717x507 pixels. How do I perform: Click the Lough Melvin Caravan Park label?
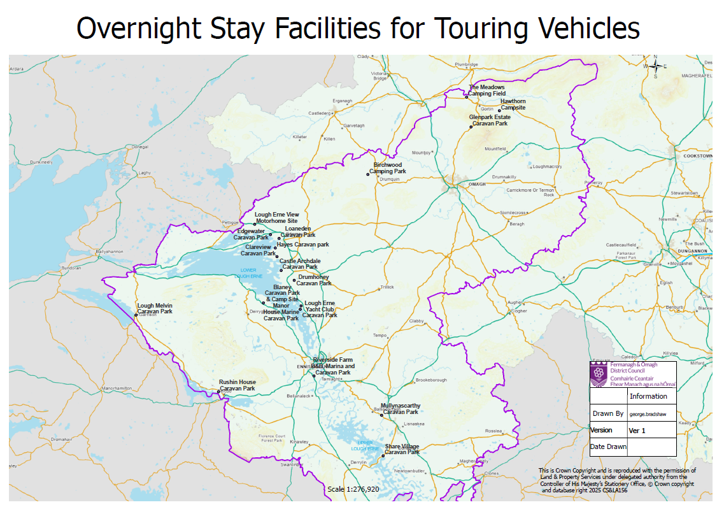point(155,308)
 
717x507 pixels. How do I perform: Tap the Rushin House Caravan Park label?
point(238,385)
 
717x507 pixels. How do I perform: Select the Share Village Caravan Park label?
point(402,449)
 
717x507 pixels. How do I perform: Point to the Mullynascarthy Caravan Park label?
point(400,408)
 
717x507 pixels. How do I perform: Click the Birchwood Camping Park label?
point(388,168)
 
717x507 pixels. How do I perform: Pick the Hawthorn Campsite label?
point(513,104)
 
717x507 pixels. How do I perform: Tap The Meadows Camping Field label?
point(487,90)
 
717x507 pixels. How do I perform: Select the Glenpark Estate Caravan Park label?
point(490,120)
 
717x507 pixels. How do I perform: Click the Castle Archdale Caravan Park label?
point(300,264)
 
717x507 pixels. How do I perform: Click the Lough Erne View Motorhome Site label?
point(276,218)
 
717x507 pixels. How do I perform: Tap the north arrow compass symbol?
point(655,66)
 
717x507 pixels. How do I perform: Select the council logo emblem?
point(597,375)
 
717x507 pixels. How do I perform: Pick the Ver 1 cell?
point(637,431)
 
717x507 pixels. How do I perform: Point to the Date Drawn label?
point(608,446)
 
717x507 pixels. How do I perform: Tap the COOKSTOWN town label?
point(697,155)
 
